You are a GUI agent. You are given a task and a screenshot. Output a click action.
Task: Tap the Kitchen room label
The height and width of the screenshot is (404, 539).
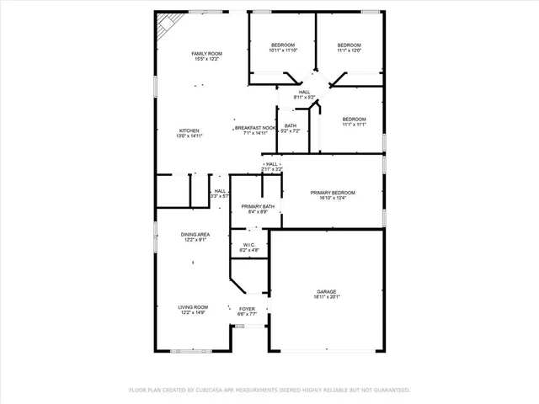tap(189, 131)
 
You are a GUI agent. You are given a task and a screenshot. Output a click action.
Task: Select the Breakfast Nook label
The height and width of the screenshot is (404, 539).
tap(255, 128)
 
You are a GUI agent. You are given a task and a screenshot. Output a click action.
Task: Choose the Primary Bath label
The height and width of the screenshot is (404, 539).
tap(258, 207)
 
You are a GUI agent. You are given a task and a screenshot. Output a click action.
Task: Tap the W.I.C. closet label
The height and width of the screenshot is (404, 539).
tap(250, 246)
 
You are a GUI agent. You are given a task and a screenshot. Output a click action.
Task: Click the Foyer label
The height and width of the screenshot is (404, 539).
tap(247, 309)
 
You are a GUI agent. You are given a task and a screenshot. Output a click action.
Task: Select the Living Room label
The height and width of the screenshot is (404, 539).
tap(193, 307)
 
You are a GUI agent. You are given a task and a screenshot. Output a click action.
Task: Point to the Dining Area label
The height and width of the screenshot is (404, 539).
tap(195, 235)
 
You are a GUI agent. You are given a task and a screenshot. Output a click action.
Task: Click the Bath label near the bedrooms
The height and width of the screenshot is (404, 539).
tap(290, 126)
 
